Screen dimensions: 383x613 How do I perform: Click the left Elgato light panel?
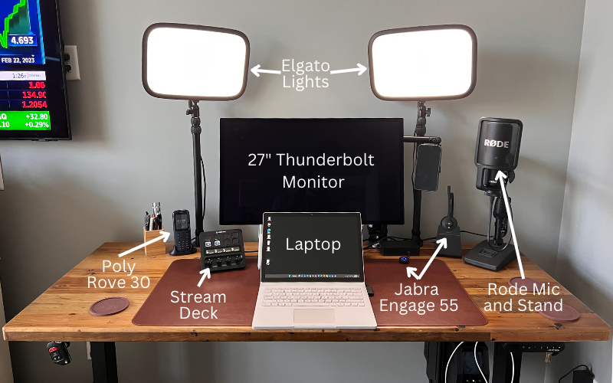pyautogui.click(x=195, y=62)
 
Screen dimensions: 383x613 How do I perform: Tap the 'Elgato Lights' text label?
pyautogui.click(x=306, y=73)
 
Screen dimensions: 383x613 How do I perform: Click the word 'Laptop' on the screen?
pyautogui.click(x=313, y=244)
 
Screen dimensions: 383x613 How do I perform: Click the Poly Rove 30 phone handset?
pyautogui.click(x=182, y=231)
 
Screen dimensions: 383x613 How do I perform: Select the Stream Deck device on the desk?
pyautogui.click(x=221, y=249)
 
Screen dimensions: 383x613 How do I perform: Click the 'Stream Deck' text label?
pyautogui.click(x=198, y=304)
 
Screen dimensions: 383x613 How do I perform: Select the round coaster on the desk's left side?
pyautogui.click(x=109, y=307)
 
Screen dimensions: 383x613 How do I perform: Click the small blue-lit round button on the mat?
pyautogui.click(x=404, y=260)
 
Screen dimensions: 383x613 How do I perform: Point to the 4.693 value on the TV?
pyautogui.click(x=21, y=40)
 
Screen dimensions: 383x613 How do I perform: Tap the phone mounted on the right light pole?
pyautogui.click(x=427, y=166)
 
